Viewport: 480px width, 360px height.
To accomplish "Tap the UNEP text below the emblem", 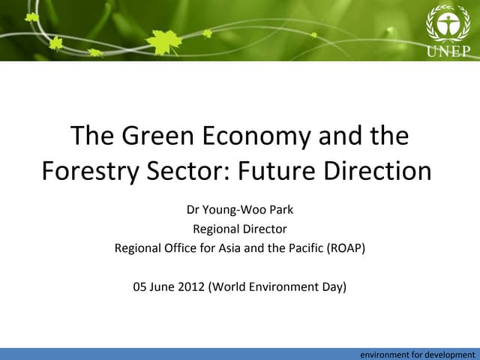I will coord(448,50).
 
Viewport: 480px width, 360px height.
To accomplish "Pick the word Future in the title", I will coord(278,171).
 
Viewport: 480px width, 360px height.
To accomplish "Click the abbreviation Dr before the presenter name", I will coord(193,210).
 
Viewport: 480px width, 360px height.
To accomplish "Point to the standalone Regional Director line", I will coord(239,229).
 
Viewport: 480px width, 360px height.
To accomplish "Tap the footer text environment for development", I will coord(417,354).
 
